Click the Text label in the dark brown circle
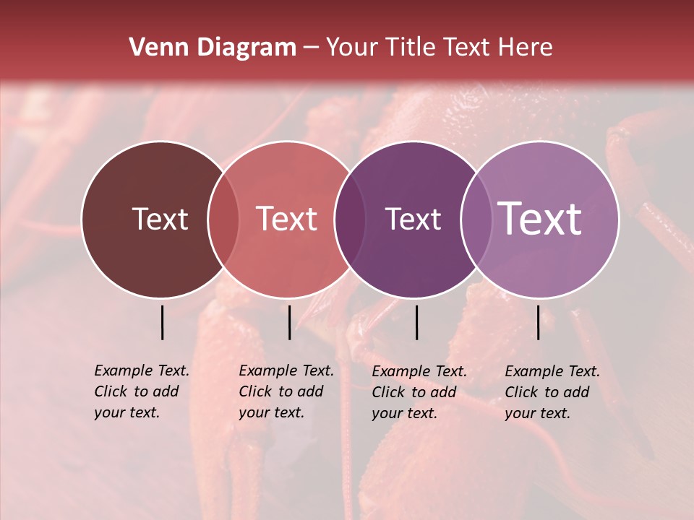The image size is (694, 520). (160, 219)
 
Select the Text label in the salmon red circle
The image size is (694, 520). (287, 219)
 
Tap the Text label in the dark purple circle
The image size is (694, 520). (414, 219)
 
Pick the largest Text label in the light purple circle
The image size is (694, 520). (540, 219)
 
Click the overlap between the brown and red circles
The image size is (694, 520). (223, 220)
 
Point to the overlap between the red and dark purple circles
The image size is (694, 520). (350, 220)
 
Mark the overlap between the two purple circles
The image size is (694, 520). (476, 220)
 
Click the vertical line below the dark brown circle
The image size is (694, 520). (163, 322)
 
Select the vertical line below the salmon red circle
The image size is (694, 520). (289, 322)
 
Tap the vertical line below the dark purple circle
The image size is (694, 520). (417, 322)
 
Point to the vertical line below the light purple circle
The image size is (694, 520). (539, 322)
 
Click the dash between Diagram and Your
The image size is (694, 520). (311, 48)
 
